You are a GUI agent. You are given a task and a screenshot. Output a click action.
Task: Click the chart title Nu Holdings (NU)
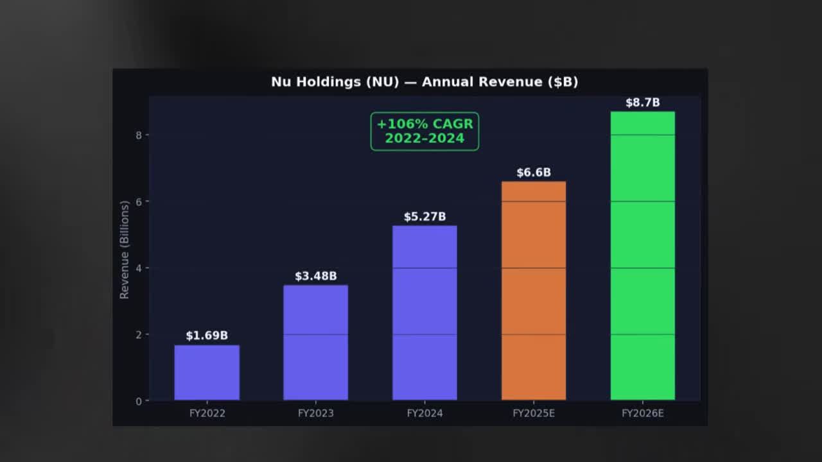pos(424,82)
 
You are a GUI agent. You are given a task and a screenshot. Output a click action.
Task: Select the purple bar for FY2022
pos(207,373)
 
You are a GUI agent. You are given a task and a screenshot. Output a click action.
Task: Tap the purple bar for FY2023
pos(315,343)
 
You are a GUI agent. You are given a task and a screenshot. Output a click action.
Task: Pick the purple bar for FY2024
pos(424,313)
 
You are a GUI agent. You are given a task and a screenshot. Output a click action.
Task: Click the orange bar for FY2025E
pos(534,291)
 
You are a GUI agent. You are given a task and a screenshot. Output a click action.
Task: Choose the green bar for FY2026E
pos(642,256)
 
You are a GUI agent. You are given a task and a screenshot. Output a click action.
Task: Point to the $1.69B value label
pos(207,336)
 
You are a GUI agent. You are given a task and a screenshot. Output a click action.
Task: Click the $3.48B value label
pos(315,276)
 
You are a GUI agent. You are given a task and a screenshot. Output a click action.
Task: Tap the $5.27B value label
pos(424,217)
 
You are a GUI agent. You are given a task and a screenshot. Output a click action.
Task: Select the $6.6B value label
pos(534,173)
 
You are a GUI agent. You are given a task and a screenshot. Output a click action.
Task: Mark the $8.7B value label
pos(642,103)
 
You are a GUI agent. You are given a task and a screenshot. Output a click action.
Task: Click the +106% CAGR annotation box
pos(424,131)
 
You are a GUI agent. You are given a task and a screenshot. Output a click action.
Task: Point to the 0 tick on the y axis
pos(139,401)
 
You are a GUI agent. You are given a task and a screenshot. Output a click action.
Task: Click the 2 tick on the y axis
pos(139,334)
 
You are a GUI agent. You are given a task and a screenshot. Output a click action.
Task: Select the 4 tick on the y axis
pos(139,268)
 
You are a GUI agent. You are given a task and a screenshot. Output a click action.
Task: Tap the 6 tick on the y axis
pos(139,201)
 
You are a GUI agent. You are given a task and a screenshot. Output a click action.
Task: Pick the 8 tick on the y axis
pos(139,135)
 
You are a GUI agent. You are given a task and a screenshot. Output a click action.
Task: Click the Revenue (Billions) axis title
pos(125,249)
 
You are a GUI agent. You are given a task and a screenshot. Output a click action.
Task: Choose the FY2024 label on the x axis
pos(424,413)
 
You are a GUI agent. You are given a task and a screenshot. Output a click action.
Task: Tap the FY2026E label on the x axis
pos(642,413)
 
